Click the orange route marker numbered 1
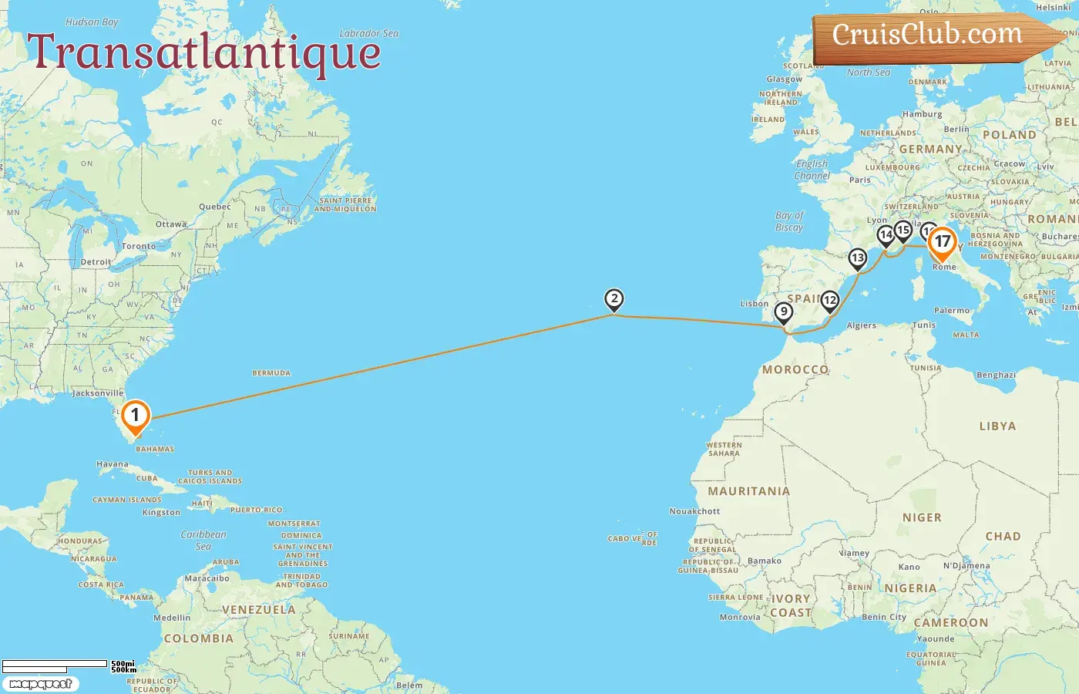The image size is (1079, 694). click(135, 416)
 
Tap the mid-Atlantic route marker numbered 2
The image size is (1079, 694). click(613, 299)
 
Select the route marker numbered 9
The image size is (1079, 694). click(783, 312)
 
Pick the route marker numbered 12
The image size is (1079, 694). click(829, 300)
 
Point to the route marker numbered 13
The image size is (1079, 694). click(857, 258)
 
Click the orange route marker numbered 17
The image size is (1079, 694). click(942, 242)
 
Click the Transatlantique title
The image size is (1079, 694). click(204, 52)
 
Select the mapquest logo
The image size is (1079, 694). click(41, 684)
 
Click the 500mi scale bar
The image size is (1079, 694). click(55, 663)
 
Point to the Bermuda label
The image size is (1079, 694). click(271, 373)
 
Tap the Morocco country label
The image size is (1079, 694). click(795, 370)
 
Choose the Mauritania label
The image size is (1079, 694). click(748, 491)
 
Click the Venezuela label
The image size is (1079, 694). click(258, 610)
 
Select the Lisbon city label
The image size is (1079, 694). click(755, 304)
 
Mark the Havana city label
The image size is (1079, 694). click(113, 464)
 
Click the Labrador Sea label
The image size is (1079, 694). click(369, 34)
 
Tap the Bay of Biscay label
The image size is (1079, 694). click(789, 221)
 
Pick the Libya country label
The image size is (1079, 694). click(997, 426)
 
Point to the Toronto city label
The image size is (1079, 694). click(139, 247)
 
